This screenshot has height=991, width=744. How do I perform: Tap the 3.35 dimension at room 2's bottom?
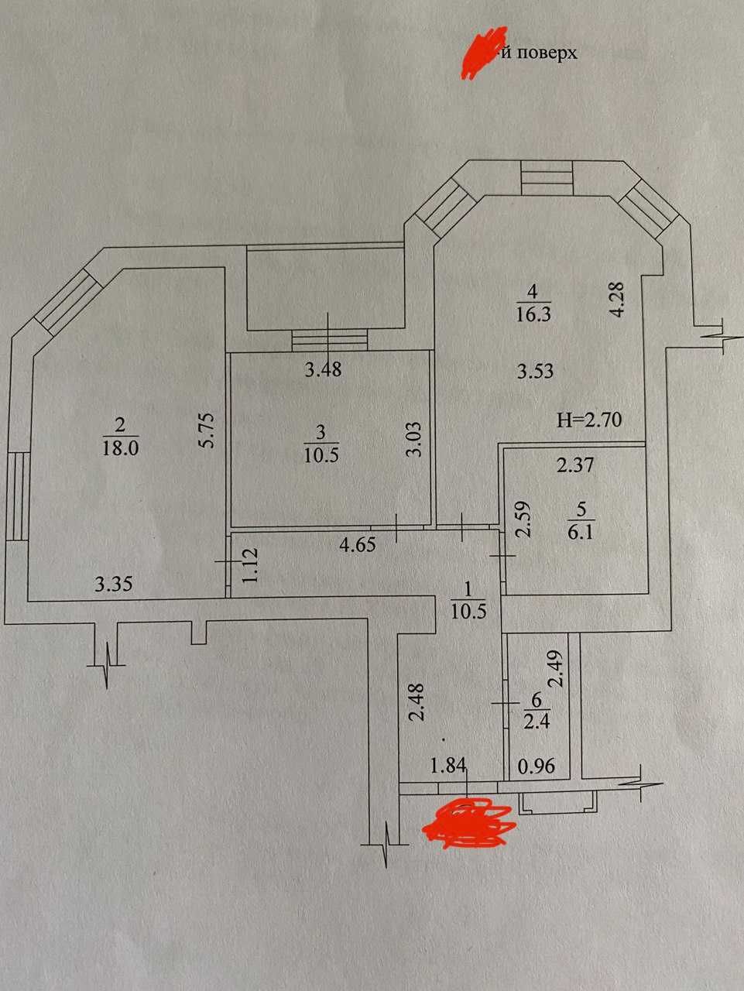tap(113, 584)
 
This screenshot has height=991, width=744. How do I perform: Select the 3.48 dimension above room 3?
tap(322, 369)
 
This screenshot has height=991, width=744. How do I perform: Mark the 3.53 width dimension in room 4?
tap(535, 371)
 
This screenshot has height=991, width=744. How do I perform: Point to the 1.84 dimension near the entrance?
tap(447, 766)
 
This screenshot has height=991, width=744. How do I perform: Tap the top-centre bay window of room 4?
tap(546, 178)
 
